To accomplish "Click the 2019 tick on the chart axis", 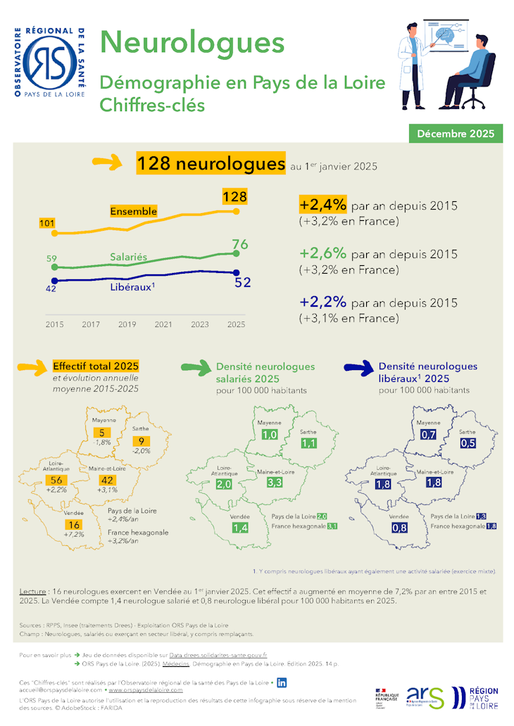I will pos(127,324).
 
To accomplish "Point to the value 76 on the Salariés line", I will pos(239,245).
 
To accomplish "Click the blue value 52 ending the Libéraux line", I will pos(242,283).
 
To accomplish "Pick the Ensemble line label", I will pos(133,211).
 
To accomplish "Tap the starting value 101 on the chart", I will pos(47,224).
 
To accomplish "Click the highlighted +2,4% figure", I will pos(322,205).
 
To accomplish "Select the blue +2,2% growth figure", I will pos(322,302).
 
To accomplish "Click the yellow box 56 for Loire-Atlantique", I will pos(56,479).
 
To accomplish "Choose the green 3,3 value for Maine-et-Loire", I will pos(275,483).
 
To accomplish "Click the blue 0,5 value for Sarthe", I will pos(468,443).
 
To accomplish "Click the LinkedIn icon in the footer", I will pos(282,682).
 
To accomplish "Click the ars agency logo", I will pos(425,696).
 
